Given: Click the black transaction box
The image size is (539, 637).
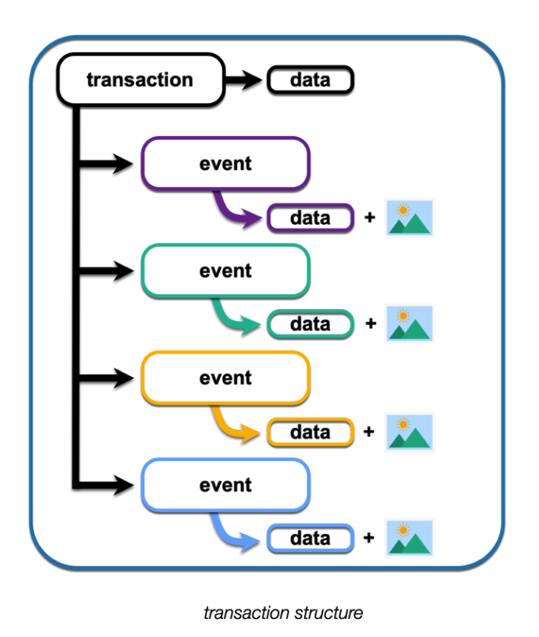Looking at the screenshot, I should tap(140, 80).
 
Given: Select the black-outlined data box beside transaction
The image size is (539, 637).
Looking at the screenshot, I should tap(310, 80).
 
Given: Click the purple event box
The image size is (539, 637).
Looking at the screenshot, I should tap(225, 164).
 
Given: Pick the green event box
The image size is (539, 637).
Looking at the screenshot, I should tap(225, 271).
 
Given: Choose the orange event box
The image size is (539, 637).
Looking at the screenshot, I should tap(225, 378).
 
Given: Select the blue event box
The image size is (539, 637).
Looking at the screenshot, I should tap(225, 485).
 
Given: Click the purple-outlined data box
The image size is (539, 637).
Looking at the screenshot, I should tap(310, 218).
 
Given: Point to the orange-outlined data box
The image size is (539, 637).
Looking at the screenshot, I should tap(310, 432).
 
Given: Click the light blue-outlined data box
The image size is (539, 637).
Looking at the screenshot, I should tap(310, 539).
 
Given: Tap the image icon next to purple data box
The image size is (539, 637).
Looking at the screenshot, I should tap(410, 218).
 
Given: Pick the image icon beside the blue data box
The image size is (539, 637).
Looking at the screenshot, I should tap(410, 539).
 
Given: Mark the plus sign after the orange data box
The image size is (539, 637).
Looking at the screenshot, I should tap(370, 432).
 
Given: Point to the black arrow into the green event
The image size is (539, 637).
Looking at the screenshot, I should tap(110, 271).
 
